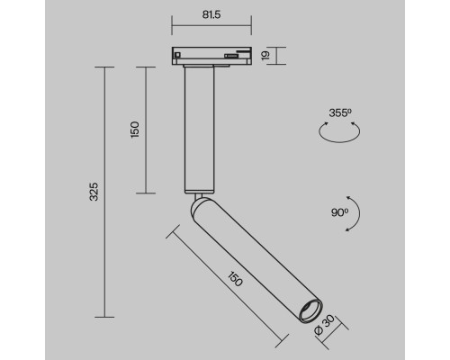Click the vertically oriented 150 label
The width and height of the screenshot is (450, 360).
pos(134,128)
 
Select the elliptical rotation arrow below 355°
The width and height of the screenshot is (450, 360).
pos(340,131)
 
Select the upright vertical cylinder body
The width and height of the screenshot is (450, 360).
pos(197,130)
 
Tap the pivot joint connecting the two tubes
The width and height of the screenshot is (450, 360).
pos(197,196)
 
